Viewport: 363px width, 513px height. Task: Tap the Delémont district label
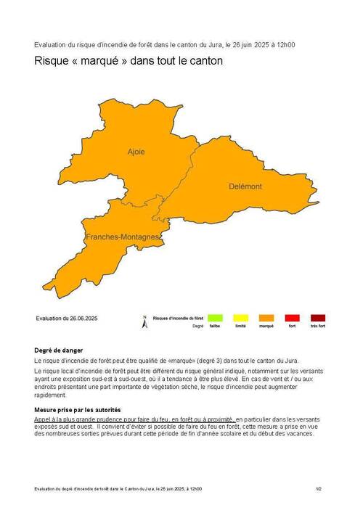pos(243,186)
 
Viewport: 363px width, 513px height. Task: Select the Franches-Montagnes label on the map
pos(123,237)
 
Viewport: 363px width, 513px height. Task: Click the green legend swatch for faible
pos(216,318)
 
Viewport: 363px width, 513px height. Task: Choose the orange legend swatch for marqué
pos(266,318)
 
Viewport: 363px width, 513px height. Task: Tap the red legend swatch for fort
pos(292,318)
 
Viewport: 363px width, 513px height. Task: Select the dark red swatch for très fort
pos(317,318)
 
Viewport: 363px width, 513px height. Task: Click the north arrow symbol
pos(144,321)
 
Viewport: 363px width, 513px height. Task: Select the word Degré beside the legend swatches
pos(197,327)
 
